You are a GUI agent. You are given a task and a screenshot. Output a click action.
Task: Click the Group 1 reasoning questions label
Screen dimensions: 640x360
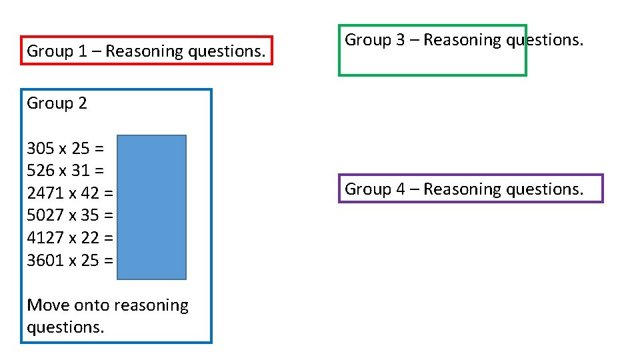(x=146, y=51)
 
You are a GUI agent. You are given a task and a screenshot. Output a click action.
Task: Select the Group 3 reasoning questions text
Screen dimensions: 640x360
(x=463, y=40)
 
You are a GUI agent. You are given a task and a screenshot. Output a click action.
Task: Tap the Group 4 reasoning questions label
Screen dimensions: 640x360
(x=463, y=189)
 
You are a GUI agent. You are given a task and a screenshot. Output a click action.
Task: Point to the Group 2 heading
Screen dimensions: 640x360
(x=57, y=103)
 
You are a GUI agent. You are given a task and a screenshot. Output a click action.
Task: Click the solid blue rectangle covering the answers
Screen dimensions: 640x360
(x=152, y=207)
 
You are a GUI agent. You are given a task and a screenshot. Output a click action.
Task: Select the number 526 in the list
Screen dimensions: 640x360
(x=40, y=171)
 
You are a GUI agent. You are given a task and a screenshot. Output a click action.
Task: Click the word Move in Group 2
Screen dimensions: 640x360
(x=48, y=305)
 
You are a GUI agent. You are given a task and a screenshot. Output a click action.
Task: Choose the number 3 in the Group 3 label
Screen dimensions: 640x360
(x=400, y=40)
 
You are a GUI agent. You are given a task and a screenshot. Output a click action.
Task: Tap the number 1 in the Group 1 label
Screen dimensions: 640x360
(x=82, y=51)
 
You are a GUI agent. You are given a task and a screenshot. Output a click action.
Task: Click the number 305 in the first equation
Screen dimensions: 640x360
(x=40, y=148)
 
